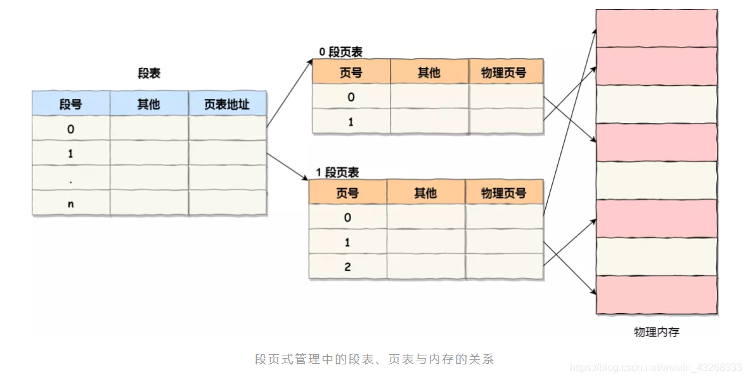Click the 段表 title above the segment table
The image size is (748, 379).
[149, 74]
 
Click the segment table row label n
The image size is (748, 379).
[70, 203]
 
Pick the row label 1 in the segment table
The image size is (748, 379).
[70, 154]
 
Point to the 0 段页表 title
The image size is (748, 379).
[340, 53]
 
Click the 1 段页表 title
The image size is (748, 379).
[337, 172]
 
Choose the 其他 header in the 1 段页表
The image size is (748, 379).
[425, 193]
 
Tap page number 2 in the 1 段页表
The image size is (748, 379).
[347, 267]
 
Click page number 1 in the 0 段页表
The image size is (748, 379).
[351, 122]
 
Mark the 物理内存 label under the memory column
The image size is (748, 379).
[656, 332]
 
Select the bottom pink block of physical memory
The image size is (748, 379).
[656, 295]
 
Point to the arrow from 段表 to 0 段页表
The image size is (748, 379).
[290, 93]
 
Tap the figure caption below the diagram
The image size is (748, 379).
[374, 359]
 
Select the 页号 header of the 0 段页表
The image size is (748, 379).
[351, 73]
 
